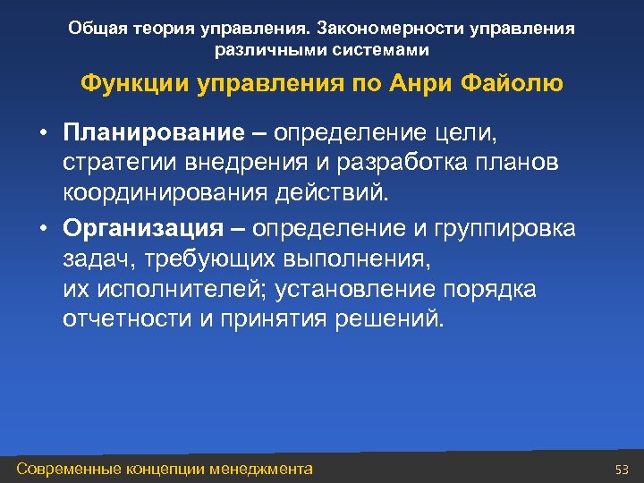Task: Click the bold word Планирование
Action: [x=153, y=133]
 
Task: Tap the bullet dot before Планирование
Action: [x=42, y=134]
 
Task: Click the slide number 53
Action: [x=623, y=470]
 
